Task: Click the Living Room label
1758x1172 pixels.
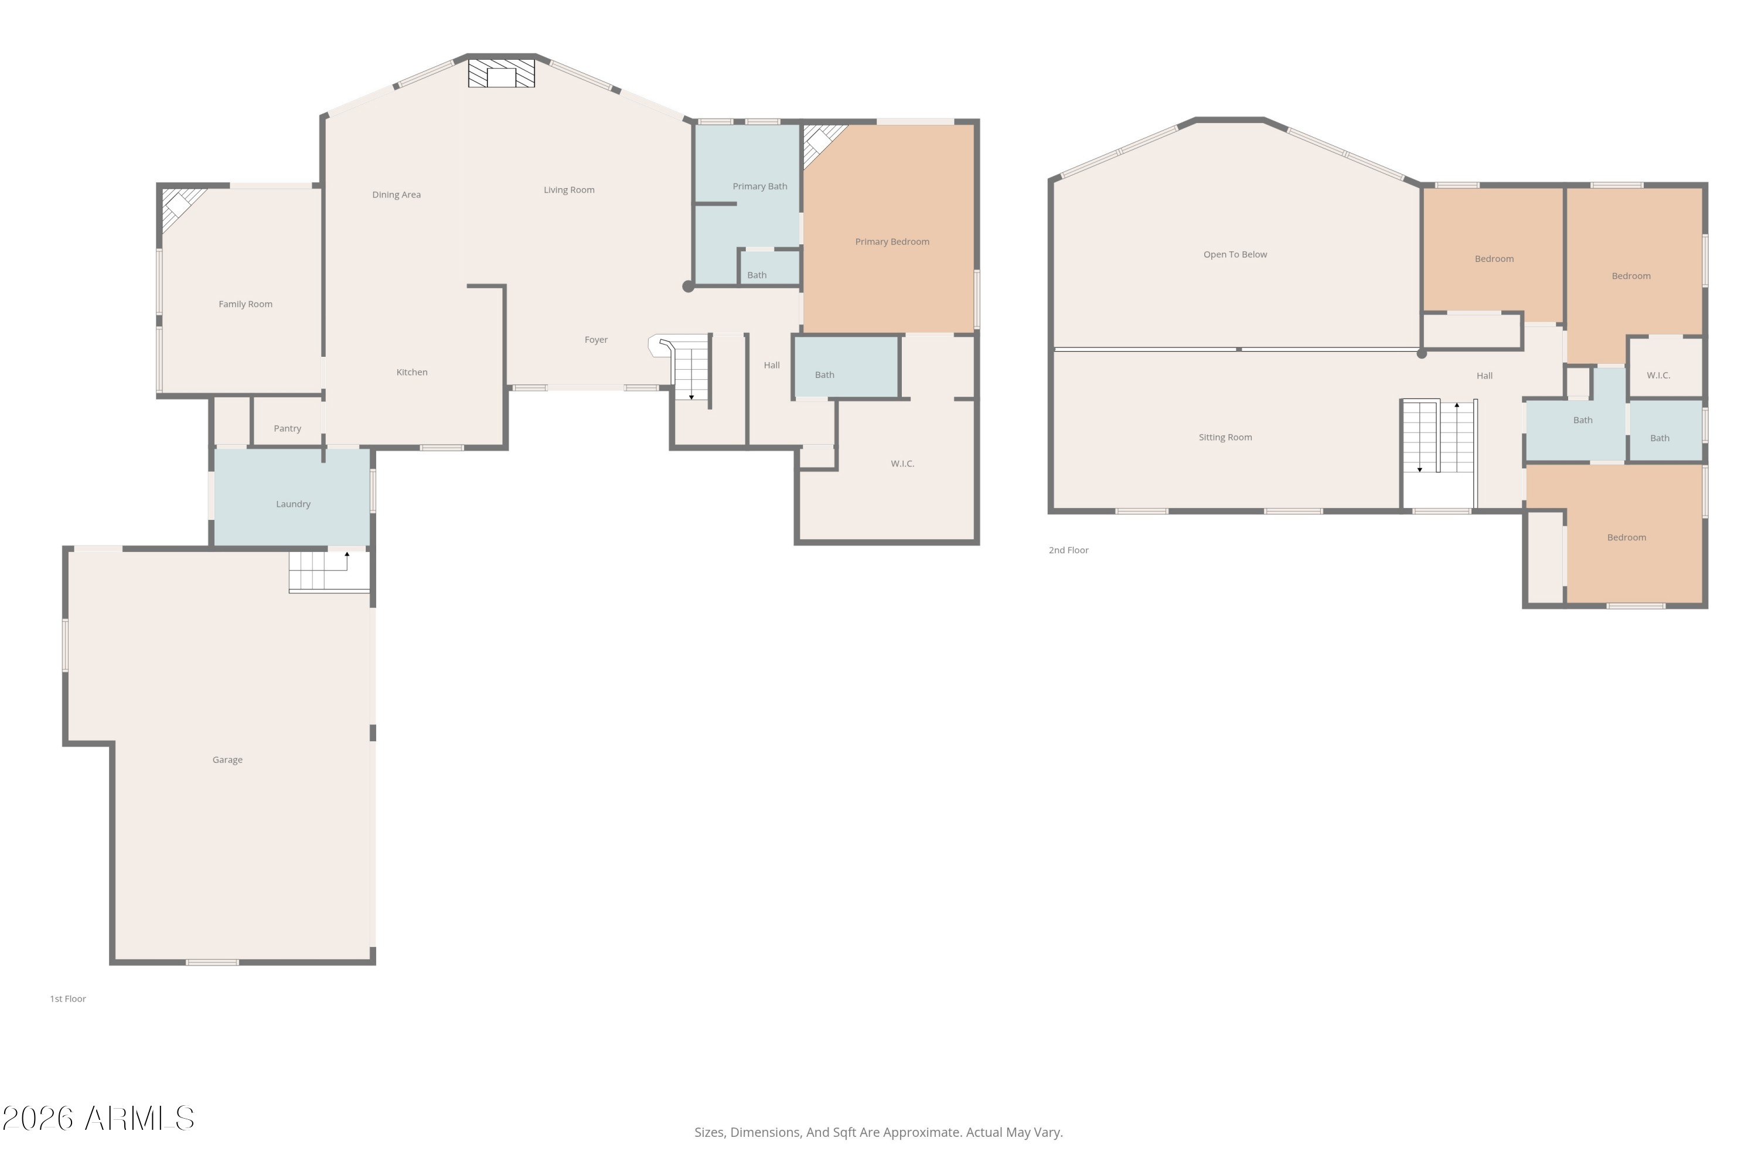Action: click(x=569, y=190)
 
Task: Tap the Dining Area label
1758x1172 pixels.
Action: click(x=396, y=195)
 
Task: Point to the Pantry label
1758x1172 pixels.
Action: click(x=287, y=428)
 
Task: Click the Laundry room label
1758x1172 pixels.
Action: click(x=293, y=504)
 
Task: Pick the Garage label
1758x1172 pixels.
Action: click(x=227, y=759)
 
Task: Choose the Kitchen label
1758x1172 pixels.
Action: click(x=412, y=372)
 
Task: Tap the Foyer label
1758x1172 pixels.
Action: click(x=596, y=340)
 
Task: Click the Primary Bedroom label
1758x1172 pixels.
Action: click(x=892, y=241)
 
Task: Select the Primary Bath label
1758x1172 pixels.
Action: click(x=759, y=186)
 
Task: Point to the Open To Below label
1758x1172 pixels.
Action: click(x=1235, y=254)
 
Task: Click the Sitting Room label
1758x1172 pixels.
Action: click(x=1225, y=437)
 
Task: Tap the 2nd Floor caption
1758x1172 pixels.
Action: click(x=1068, y=550)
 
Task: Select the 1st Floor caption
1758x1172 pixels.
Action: click(x=68, y=999)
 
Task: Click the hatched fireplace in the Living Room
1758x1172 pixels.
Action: click(x=501, y=73)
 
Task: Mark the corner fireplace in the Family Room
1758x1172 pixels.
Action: click(x=182, y=207)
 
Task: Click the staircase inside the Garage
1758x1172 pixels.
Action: click(x=329, y=572)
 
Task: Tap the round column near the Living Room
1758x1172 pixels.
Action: click(x=687, y=287)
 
